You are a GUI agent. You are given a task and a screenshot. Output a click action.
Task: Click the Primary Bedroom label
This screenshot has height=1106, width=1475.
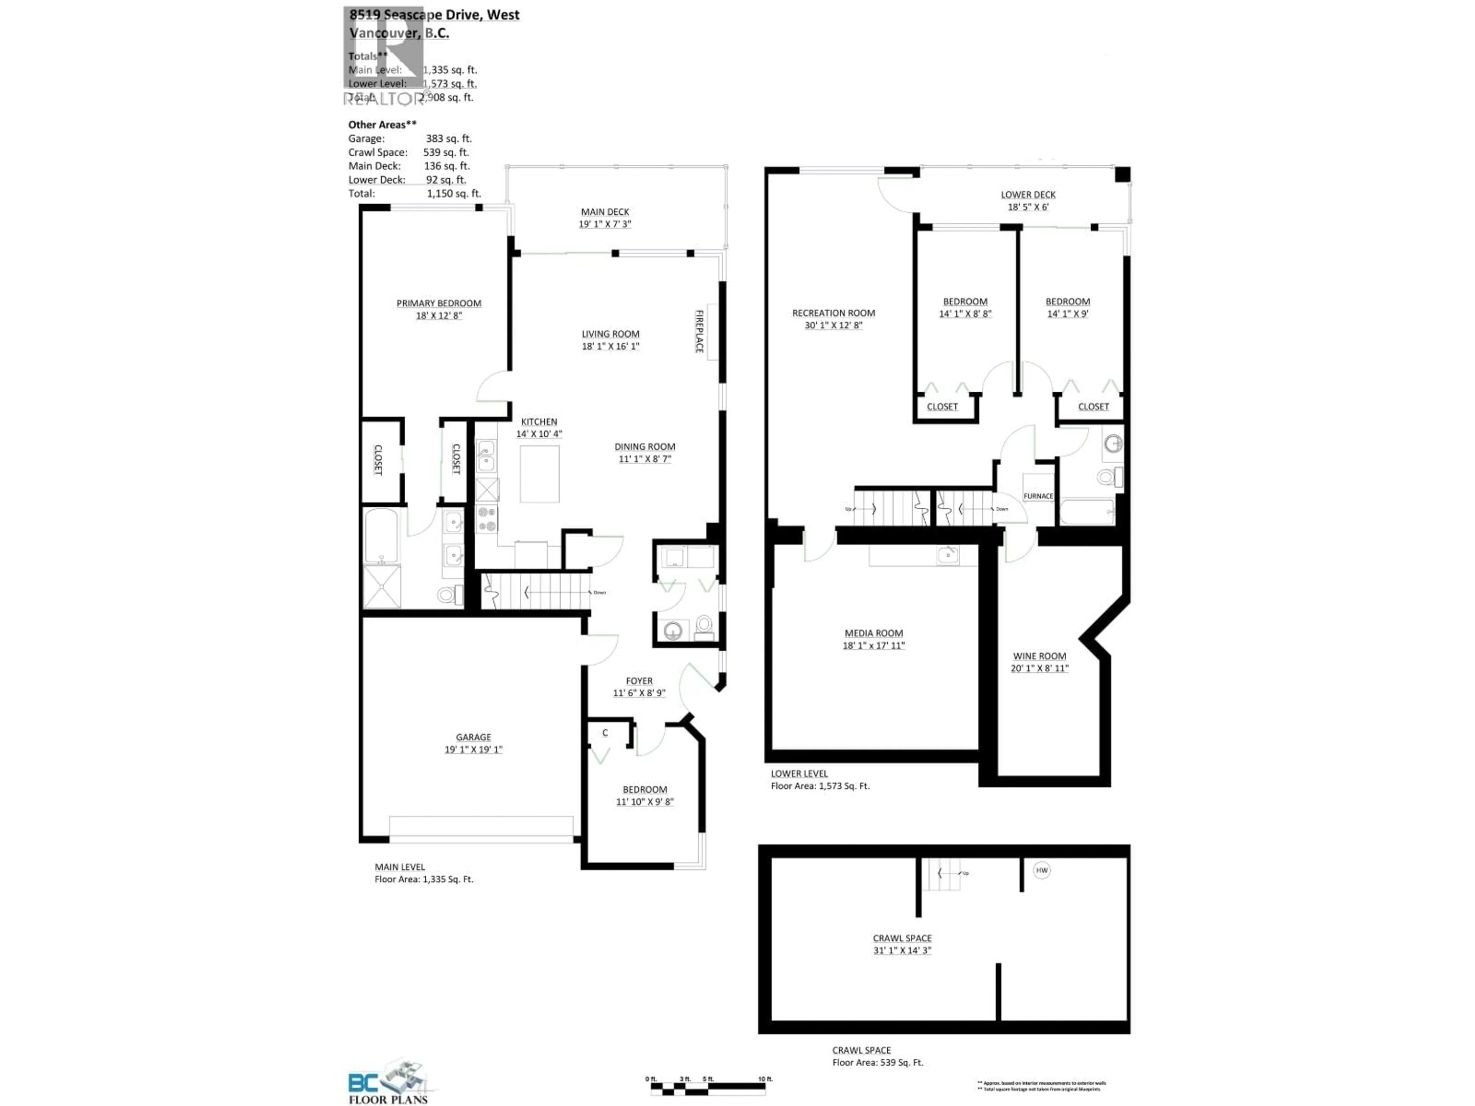(x=438, y=303)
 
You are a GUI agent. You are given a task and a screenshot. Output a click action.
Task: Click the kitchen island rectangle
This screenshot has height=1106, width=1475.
(x=539, y=474)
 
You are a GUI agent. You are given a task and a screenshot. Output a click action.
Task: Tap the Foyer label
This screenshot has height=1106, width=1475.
(x=639, y=680)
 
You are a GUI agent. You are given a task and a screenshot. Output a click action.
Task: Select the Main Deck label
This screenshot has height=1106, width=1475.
(x=605, y=212)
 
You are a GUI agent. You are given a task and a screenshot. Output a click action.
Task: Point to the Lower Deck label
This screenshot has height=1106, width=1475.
(x=1028, y=195)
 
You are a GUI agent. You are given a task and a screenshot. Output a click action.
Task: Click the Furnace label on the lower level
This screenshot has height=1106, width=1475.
(x=1038, y=496)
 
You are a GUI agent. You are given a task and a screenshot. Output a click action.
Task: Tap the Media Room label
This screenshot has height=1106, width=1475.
(x=873, y=633)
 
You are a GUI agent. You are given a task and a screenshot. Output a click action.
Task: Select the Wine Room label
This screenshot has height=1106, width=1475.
(x=1039, y=656)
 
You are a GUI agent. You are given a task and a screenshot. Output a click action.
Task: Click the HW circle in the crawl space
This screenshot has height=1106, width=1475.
(x=1042, y=870)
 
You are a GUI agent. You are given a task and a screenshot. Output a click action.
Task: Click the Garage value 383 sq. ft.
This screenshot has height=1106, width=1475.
(x=448, y=139)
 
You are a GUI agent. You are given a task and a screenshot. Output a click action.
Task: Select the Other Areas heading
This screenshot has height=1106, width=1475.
(x=382, y=125)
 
